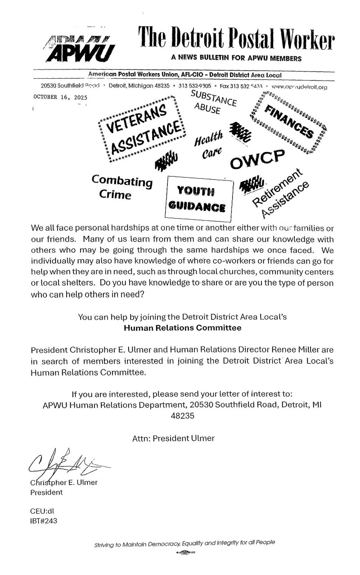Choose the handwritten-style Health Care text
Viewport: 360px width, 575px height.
pos(209,144)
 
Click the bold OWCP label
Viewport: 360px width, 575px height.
pos(257,159)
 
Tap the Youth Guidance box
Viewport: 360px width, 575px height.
pos(198,198)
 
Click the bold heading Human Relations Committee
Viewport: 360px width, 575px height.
pos(182,328)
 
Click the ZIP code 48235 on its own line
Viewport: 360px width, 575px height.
pos(182,416)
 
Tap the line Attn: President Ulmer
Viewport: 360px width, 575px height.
pos(173,438)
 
